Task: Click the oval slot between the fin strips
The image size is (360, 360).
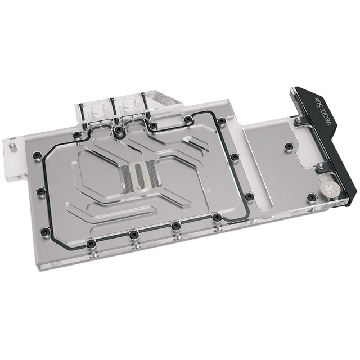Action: [x=139, y=176]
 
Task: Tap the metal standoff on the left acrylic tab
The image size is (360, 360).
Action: [x=11, y=146]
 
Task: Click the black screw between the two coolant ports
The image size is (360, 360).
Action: [x=119, y=130]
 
